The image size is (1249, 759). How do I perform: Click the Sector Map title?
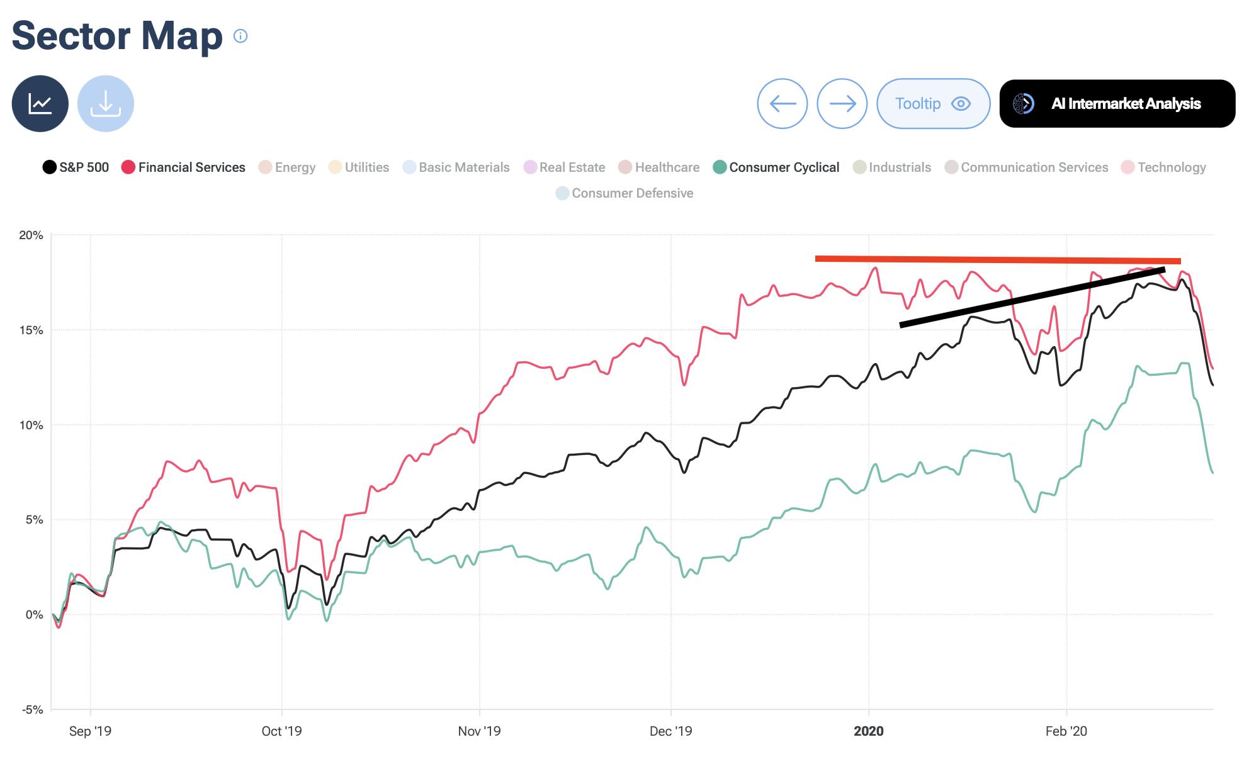(x=117, y=35)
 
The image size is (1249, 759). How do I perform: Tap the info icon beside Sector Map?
(x=240, y=36)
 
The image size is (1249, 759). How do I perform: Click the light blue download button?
(x=106, y=104)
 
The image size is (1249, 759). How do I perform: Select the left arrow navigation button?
(x=783, y=104)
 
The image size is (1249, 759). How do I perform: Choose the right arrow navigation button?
(x=842, y=104)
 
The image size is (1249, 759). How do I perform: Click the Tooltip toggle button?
(x=933, y=104)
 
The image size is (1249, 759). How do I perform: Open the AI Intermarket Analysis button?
(x=1117, y=104)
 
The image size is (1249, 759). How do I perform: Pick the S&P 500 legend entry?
(x=76, y=167)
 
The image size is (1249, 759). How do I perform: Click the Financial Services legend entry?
(x=183, y=167)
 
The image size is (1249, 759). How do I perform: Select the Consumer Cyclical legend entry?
(x=776, y=167)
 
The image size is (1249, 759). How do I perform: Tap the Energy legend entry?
(x=287, y=167)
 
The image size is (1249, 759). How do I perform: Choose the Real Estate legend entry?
(x=564, y=167)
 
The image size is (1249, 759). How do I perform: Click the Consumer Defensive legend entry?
(x=624, y=193)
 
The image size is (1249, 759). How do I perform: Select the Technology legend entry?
(x=1164, y=167)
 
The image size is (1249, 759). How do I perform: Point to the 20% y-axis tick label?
(x=31, y=235)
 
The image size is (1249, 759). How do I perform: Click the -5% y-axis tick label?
(x=32, y=710)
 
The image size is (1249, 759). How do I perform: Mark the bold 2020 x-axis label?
(x=869, y=731)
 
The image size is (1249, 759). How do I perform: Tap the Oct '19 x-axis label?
(x=281, y=731)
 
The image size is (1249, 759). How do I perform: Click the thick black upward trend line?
(x=1032, y=297)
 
